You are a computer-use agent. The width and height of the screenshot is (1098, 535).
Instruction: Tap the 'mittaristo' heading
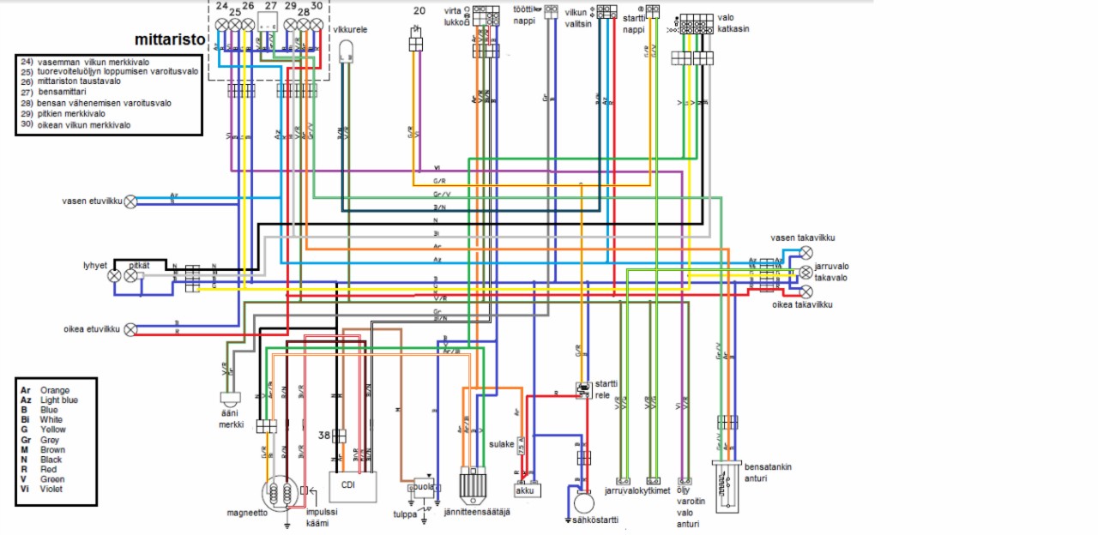click(171, 39)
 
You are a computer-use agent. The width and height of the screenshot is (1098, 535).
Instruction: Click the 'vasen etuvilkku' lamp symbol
click(131, 201)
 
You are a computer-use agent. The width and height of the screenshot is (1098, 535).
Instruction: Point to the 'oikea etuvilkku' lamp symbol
click(131, 328)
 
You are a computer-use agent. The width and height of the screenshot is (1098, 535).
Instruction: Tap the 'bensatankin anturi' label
click(768, 472)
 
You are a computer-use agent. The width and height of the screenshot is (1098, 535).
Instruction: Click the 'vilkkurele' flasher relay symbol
click(347, 51)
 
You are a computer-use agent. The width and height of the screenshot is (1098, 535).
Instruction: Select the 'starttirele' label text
click(606, 389)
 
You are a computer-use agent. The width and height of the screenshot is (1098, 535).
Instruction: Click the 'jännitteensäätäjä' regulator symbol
click(473, 486)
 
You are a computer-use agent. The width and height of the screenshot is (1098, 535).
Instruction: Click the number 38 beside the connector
click(323, 435)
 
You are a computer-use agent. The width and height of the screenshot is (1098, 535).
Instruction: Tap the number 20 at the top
click(419, 11)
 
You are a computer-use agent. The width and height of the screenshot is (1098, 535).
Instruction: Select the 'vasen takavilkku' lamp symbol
click(806, 253)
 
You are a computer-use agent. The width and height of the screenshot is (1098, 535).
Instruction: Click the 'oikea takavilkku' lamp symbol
click(806, 291)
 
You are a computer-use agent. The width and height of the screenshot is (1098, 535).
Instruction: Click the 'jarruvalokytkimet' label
click(637, 492)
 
